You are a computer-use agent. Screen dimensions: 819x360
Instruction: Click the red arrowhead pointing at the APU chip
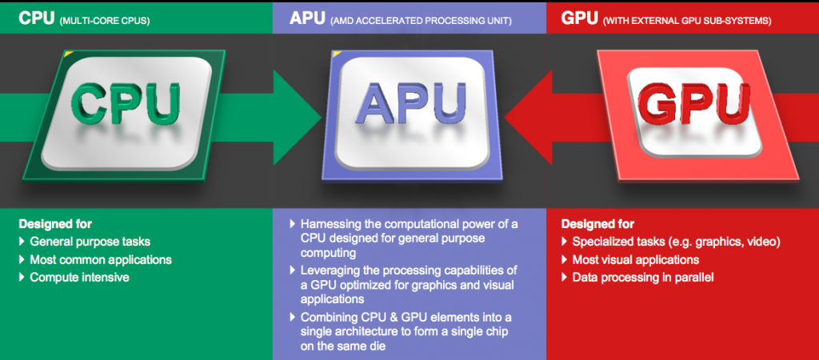click(528, 118)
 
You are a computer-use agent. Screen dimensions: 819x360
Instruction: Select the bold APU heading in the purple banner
click(307, 18)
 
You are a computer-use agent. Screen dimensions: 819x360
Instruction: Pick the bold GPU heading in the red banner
click(579, 18)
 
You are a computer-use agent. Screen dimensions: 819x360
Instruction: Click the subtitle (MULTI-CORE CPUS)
click(105, 22)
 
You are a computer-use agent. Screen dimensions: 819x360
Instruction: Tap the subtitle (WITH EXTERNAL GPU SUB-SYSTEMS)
click(687, 22)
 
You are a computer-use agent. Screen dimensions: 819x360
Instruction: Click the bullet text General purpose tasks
click(90, 242)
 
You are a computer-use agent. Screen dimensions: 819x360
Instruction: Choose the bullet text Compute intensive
click(79, 277)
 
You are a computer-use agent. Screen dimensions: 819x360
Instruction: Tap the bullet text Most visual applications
click(636, 260)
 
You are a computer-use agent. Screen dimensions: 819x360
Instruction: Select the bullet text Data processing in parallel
click(643, 278)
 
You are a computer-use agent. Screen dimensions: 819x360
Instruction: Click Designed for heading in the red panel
click(597, 224)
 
